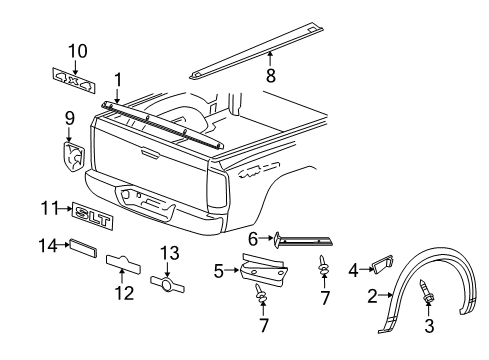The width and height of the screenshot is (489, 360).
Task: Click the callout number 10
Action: pos(77,50)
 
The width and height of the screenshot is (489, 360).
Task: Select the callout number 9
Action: pos(69,118)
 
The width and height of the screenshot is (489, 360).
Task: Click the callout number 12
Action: pos(126,293)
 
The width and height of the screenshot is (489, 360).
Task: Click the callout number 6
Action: pos(253,238)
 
